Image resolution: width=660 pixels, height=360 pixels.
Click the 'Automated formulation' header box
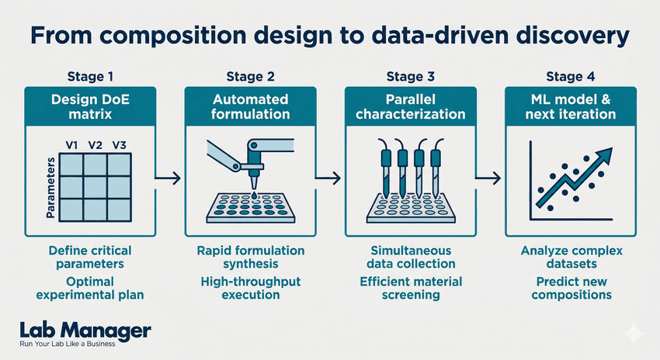pos(249,107)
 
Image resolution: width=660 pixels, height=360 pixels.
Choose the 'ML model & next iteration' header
pos(571,107)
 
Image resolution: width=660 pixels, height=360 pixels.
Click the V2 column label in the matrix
pos(95,145)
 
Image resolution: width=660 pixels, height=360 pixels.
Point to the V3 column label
pos(120,145)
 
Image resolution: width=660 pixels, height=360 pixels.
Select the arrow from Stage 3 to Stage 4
pos(490,179)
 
